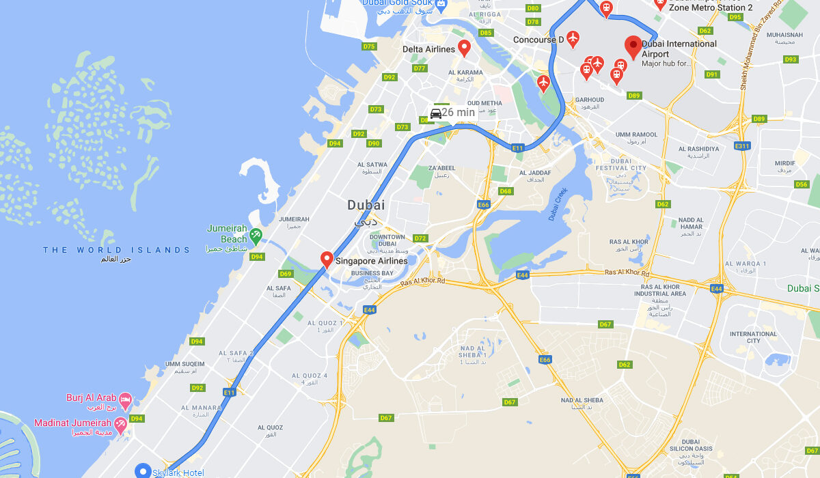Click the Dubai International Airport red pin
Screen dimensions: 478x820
[x=633, y=47]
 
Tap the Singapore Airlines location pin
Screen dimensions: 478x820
[x=327, y=259]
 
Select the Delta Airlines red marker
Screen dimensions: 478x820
[x=464, y=48]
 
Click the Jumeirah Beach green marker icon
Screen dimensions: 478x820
[x=256, y=236]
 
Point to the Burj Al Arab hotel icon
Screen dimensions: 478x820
[x=125, y=399]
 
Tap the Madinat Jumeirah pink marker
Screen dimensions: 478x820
[x=121, y=426]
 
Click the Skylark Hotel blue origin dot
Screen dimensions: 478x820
[x=143, y=470]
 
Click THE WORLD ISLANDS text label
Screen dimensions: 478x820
[x=117, y=250]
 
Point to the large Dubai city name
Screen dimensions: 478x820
[x=366, y=205]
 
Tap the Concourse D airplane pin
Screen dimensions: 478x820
[x=573, y=38]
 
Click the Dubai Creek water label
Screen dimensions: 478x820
[x=558, y=204]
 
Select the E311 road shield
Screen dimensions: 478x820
[x=742, y=146]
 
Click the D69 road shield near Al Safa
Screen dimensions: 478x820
[x=286, y=274]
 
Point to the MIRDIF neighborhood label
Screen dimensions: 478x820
[x=785, y=163]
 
